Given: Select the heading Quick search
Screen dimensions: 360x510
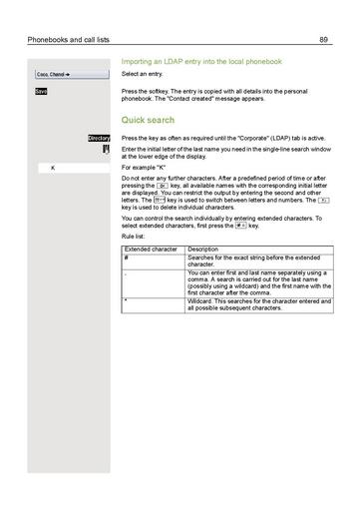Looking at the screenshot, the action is coord(147,119).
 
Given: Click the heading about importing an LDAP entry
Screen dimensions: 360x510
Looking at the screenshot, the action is coord(201,62).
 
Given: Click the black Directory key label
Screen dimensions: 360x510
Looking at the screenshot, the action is coord(98,138).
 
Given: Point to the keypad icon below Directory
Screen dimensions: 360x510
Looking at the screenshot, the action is coord(105,149).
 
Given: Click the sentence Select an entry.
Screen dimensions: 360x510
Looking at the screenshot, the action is coord(143,75).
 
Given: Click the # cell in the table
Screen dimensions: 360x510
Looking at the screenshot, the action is coord(127,257).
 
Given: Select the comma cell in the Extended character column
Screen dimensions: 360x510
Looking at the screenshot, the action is coord(127,271).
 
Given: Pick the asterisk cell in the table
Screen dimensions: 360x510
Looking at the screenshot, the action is coord(127,299).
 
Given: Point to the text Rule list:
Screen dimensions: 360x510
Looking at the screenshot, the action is coord(136,237).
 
